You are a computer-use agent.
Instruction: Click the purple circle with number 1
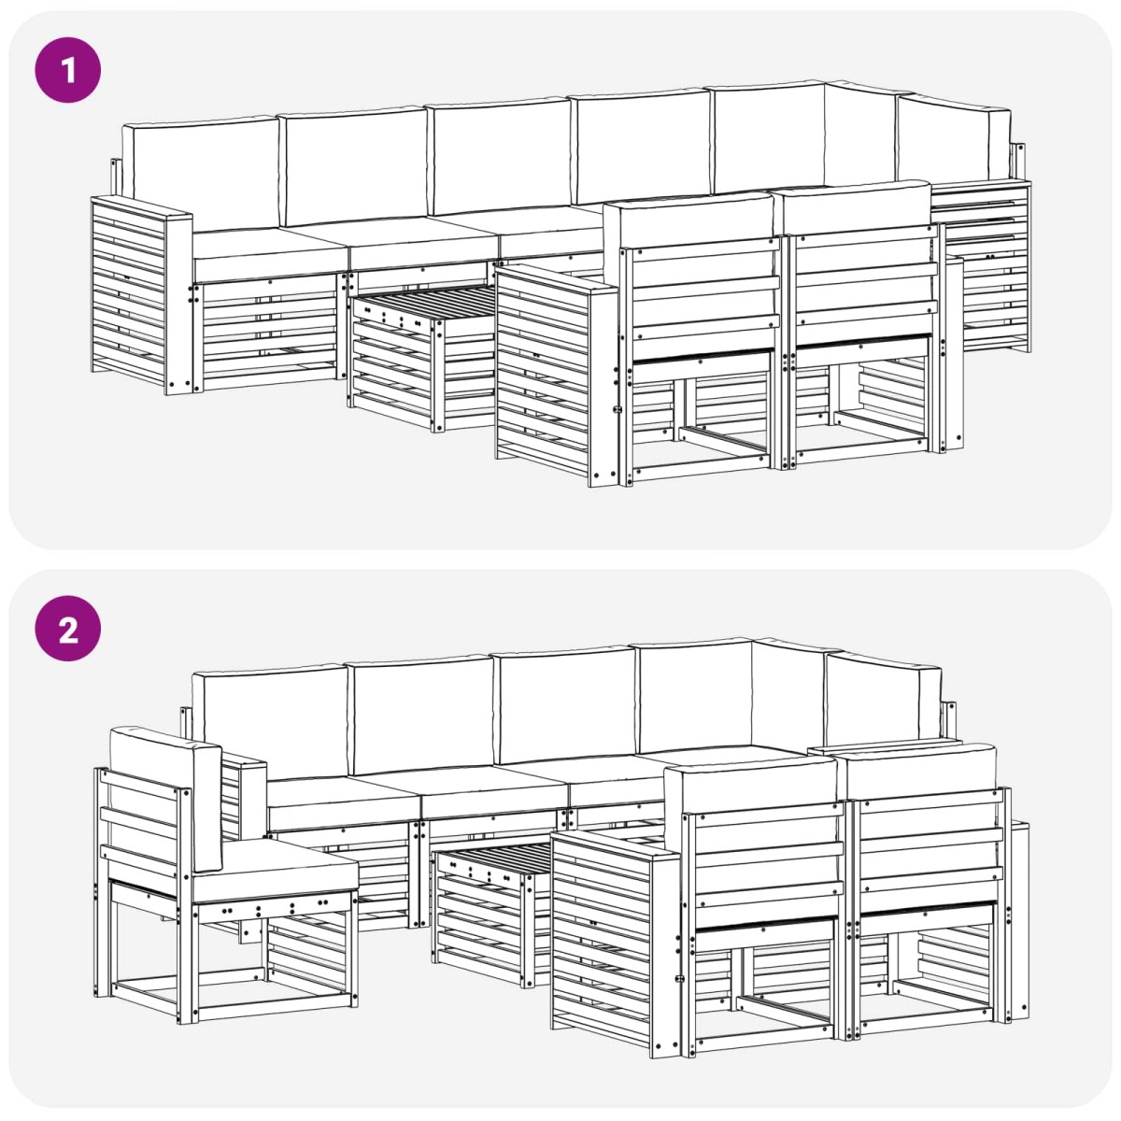click(x=68, y=70)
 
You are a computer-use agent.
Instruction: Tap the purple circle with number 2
click(x=68, y=629)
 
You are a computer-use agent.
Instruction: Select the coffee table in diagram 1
click(x=423, y=357)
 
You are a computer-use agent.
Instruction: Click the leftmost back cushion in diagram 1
click(x=201, y=173)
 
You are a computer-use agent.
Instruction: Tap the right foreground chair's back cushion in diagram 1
click(x=854, y=207)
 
